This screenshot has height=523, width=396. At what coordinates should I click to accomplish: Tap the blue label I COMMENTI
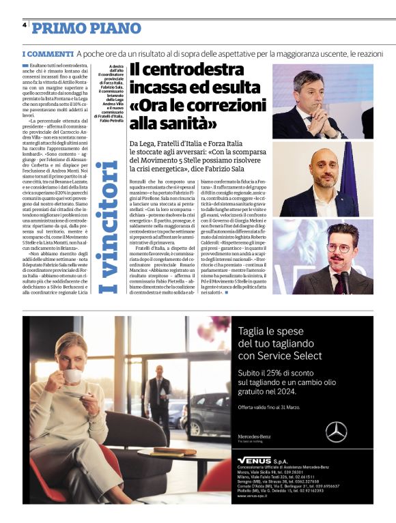pos(47,53)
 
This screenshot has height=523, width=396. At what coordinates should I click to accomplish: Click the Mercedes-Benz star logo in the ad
pos(336,432)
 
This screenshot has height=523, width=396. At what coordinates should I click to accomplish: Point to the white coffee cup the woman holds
pos(73,374)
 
